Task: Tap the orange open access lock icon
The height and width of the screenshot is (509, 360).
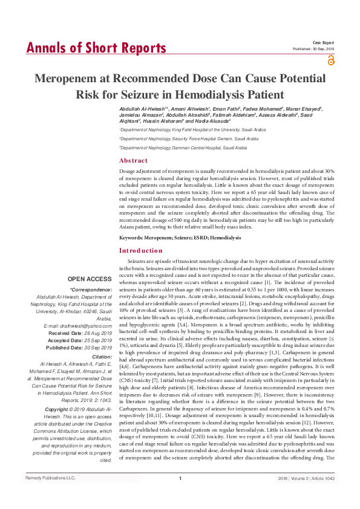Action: [330, 60]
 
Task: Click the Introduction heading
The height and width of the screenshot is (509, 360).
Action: [140, 250]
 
